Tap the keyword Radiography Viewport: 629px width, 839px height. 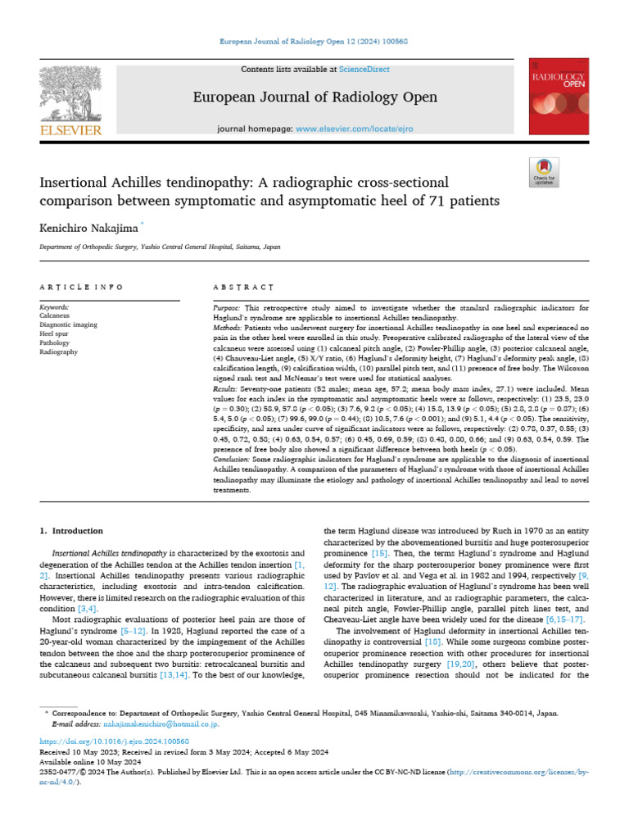pyautogui.click(x=59, y=351)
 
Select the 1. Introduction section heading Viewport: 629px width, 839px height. pyautogui.click(x=72, y=532)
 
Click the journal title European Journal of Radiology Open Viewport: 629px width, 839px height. pyautogui.click(x=314, y=98)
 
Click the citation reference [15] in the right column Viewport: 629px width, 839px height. pyautogui.click(x=379, y=555)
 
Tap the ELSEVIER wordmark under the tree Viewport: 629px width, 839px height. pyautogui.click(x=73, y=129)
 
